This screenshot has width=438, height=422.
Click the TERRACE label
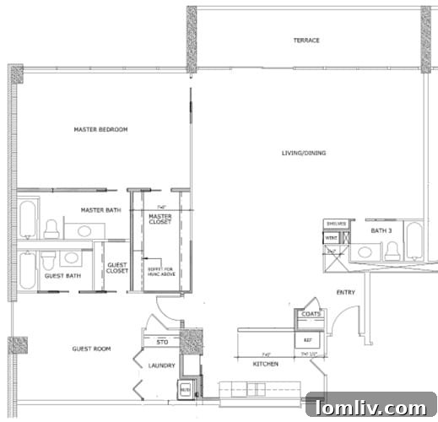(306, 41)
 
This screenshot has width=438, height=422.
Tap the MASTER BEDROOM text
(100, 129)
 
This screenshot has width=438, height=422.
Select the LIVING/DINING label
(304, 153)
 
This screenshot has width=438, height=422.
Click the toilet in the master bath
(51, 229)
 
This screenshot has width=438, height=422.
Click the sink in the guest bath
(71, 257)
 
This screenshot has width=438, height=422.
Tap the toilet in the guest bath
(49, 260)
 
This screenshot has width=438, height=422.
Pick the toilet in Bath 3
(392, 250)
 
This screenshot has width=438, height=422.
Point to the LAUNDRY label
(160, 365)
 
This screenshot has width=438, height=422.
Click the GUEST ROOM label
(91, 349)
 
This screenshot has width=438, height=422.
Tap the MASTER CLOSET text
(160, 219)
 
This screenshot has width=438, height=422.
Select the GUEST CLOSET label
(117, 268)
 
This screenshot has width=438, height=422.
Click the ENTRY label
(346, 293)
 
